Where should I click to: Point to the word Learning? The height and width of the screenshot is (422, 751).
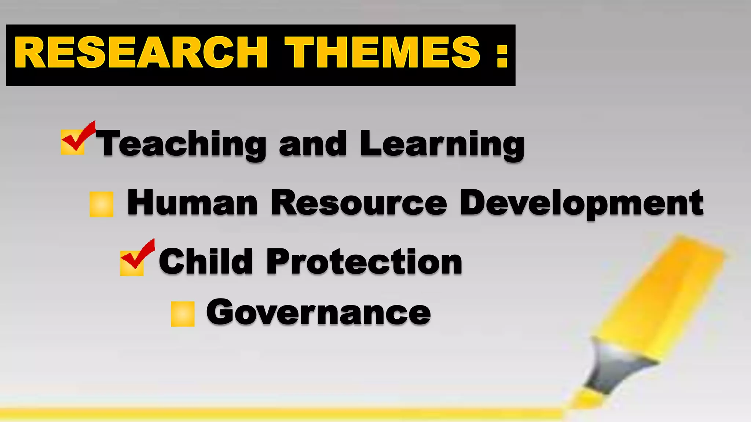point(442,144)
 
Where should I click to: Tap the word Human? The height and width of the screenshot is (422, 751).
point(193,203)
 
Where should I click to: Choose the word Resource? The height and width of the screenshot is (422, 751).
point(359,203)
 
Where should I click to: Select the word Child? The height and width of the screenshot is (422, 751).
point(206,261)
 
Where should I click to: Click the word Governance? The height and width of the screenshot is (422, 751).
point(318,312)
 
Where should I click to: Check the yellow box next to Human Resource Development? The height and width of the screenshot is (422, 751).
point(102,204)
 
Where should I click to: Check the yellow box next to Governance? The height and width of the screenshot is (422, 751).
point(183,314)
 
